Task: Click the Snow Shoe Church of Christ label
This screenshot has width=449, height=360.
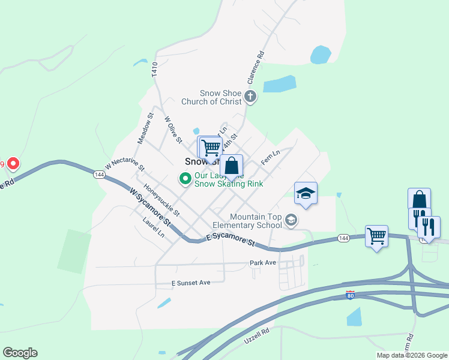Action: pyautogui.click(x=220, y=97)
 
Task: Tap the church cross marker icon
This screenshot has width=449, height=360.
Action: pyautogui.click(x=250, y=96)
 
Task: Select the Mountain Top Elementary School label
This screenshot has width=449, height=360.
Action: pyautogui.click(x=256, y=221)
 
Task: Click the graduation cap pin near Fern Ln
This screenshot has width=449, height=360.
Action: pyautogui.click(x=306, y=194)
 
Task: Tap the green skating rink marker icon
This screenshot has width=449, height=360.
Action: pyautogui.click(x=185, y=178)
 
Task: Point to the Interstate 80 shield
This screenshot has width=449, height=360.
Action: pyautogui.click(x=350, y=295)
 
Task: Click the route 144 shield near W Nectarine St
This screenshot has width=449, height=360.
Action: pyautogui.click(x=100, y=174)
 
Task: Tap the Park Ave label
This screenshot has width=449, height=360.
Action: pyautogui.click(x=263, y=263)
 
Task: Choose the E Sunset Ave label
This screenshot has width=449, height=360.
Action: pyautogui.click(x=191, y=282)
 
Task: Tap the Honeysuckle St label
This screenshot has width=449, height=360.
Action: pyautogui.click(x=162, y=200)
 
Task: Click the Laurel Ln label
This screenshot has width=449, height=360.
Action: pyautogui.click(x=154, y=227)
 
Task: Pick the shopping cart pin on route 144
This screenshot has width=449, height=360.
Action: pyautogui.click(x=376, y=236)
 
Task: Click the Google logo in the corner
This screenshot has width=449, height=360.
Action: pyautogui.click(x=20, y=352)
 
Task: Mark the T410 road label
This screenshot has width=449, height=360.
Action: pyautogui.click(x=154, y=69)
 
